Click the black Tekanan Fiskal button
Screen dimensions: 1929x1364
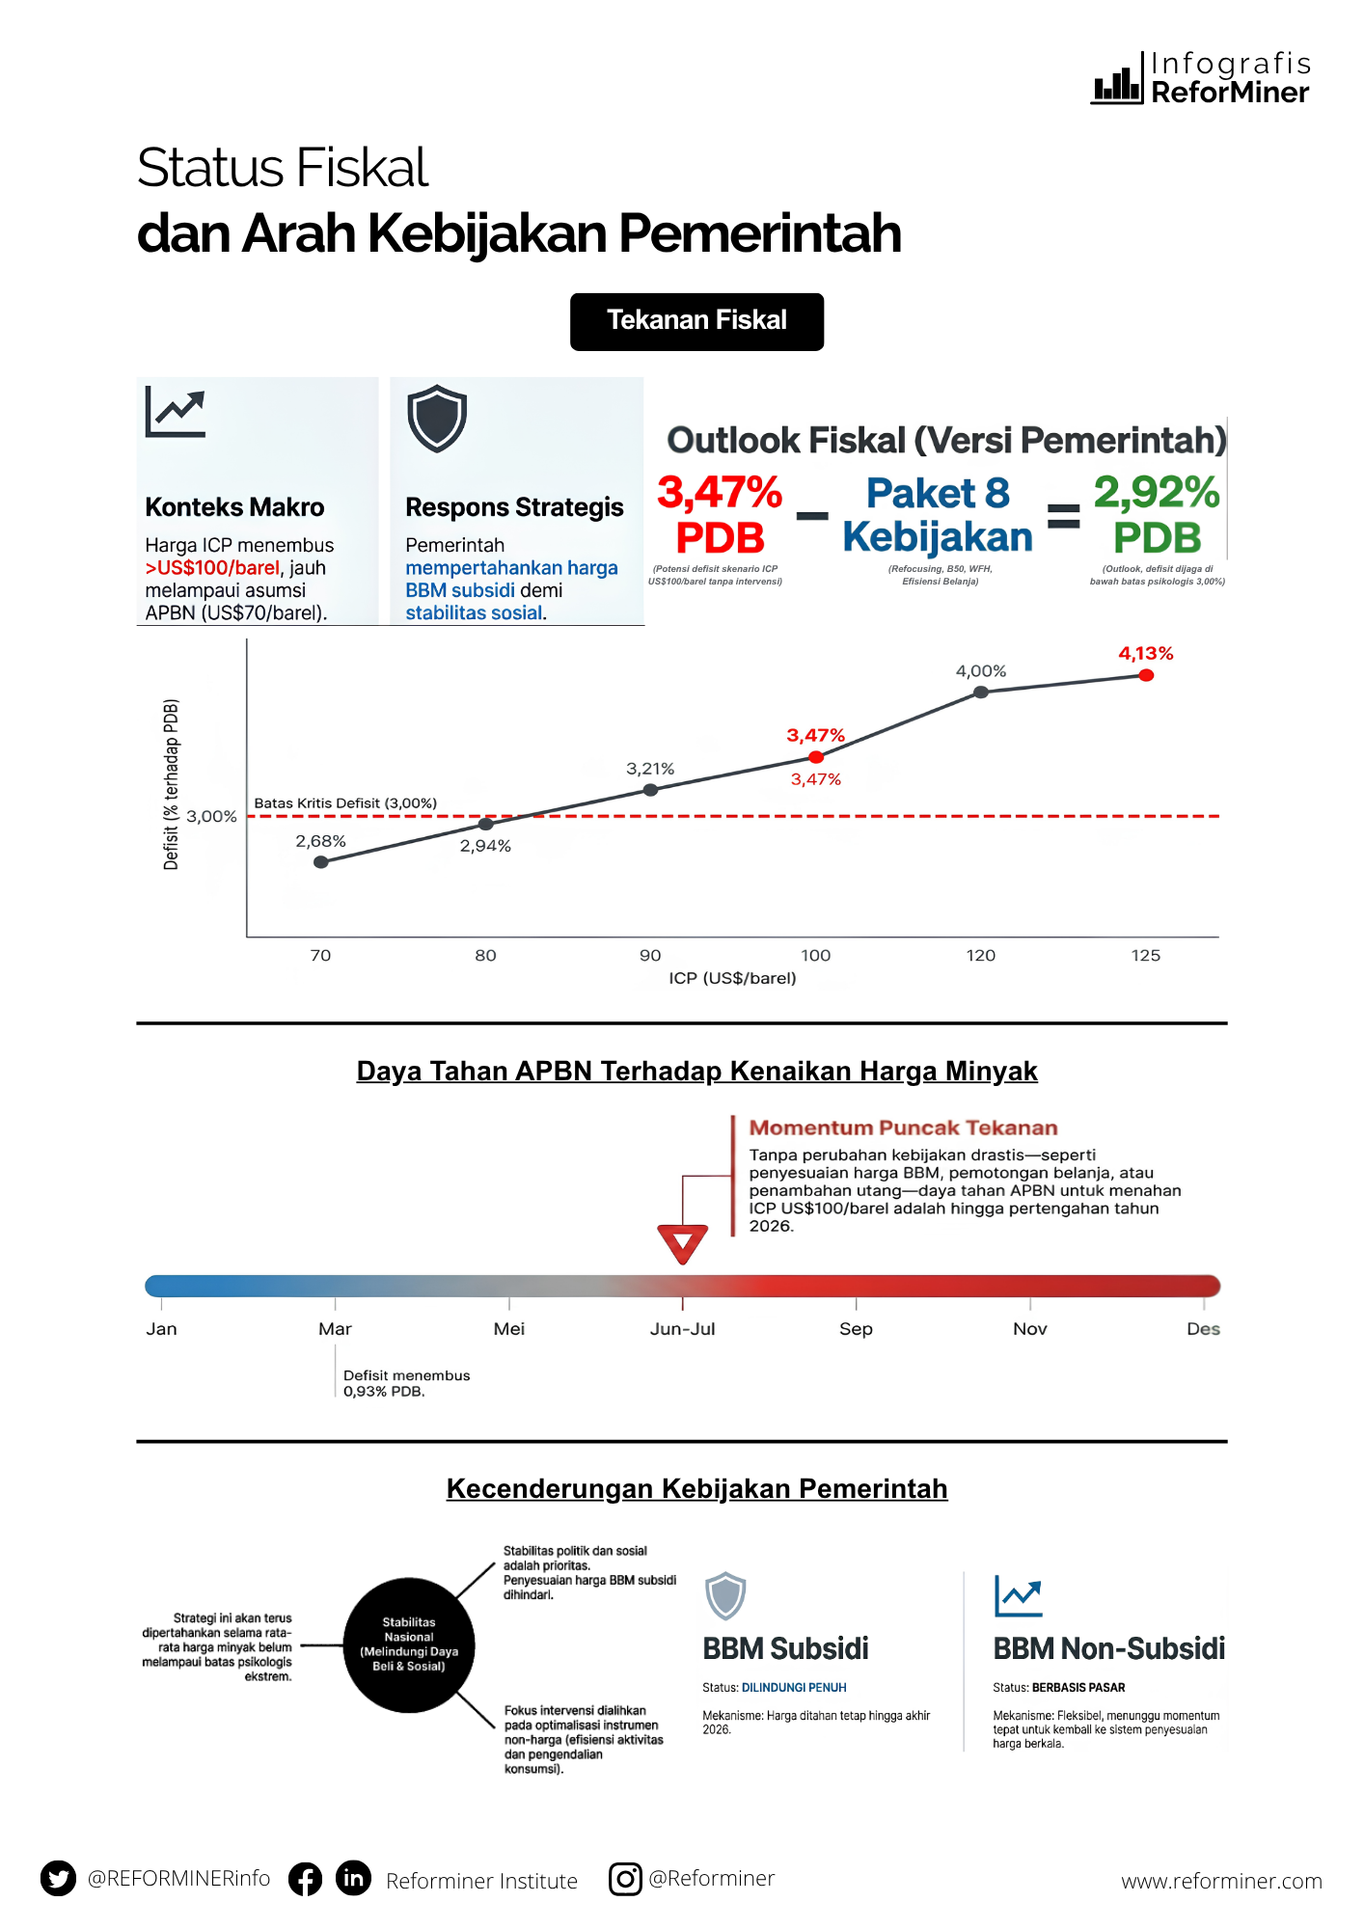coord(696,321)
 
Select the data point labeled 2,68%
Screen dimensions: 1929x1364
coord(321,862)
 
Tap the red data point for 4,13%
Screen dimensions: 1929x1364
coord(1146,675)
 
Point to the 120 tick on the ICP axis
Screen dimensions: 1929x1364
coord(980,955)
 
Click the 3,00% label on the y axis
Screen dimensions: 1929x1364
coord(211,816)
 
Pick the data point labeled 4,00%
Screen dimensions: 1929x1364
coord(981,693)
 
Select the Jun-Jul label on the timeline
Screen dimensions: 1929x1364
coord(682,1329)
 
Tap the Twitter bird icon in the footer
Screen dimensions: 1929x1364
coord(58,1878)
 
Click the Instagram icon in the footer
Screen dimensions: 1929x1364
coord(625,1878)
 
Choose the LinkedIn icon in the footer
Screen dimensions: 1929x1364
coord(353,1878)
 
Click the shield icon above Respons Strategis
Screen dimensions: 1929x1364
coord(437,419)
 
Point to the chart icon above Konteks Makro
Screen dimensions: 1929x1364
coord(176,412)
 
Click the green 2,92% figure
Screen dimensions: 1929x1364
coord(1157,493)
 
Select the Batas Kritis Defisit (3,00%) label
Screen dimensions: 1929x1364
coord(345,803)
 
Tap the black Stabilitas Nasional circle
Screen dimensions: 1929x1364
coord(409,1644)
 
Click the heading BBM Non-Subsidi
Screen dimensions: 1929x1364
coord(1108,1648)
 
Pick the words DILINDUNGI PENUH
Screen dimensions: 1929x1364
coord(794,1688)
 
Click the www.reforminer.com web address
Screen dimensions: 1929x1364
coord(1221,1881)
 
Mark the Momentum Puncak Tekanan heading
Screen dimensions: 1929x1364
coord(903,1128)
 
